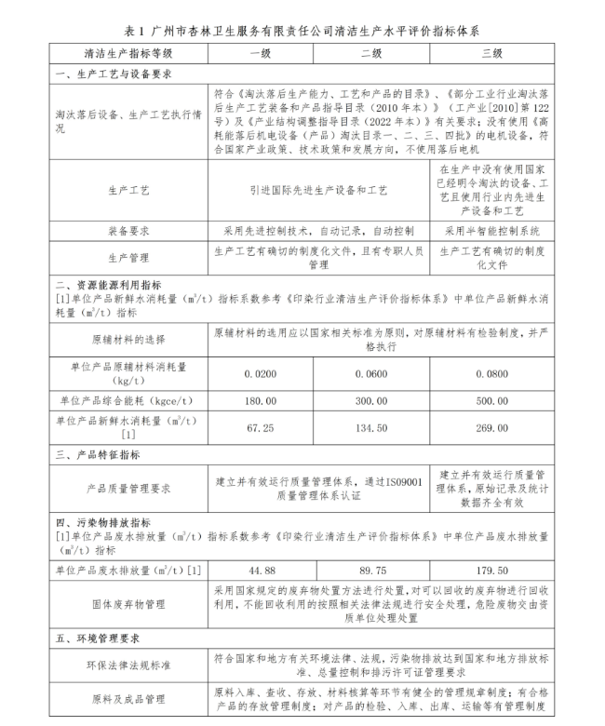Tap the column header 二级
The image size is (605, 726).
(x=371, y=54)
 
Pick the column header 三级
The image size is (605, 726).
(x=491, y=54)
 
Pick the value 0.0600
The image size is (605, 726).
(x=371, y=372)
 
